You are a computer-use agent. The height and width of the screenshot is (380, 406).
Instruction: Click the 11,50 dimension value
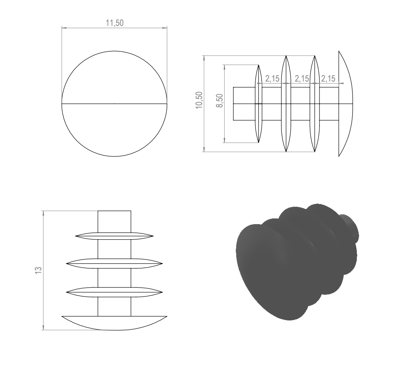coord(115,23)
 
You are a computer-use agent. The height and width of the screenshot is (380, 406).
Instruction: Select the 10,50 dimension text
coord(199,100)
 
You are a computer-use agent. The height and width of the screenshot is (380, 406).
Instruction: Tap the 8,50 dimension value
coord(219,101)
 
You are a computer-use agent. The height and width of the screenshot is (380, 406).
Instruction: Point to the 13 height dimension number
coord(38,270)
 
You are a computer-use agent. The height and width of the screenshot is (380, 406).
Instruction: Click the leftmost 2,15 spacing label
coord(272,78)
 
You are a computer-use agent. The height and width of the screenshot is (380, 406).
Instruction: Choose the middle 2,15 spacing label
coord(302,78)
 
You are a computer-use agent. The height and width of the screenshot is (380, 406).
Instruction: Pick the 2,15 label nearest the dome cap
coord(328,78)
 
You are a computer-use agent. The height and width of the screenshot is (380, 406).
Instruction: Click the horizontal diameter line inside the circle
coord(115,104)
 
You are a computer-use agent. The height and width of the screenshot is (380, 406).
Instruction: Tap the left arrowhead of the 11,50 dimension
coord(64,28)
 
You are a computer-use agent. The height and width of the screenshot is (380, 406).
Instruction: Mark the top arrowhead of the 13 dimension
coord(43,213)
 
